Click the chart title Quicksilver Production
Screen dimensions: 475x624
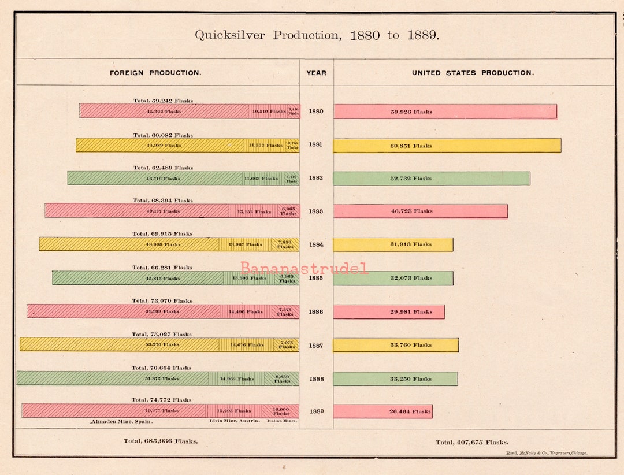pos(317,35)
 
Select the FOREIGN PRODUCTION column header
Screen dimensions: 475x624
pos(155,73)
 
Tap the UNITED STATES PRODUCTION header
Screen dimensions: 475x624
pos(473,73)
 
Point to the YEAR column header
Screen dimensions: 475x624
pos(316,73)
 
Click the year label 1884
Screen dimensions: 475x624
pos(316,244)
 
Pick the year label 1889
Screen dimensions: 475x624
pos(316,411)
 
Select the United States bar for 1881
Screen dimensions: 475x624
pos(447,146)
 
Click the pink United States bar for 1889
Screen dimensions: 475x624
pos(382,411)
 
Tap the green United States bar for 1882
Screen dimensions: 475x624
pos(431,179)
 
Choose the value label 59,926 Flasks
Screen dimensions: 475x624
pos(411,112)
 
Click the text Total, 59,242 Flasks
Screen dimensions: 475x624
pos(163,101)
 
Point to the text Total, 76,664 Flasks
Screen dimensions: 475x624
pos(161,368)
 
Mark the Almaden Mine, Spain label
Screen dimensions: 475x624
pos(121,422)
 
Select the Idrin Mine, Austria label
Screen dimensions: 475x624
pos(234,421)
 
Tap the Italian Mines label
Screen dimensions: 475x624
pos(281,421)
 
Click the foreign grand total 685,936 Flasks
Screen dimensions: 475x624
pos(160,441)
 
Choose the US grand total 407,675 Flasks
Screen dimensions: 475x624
pos(472,443)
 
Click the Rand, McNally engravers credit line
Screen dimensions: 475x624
pos(546,454)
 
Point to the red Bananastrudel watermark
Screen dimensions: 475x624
pos(304,268)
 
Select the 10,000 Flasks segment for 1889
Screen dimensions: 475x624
pos(281,411)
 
